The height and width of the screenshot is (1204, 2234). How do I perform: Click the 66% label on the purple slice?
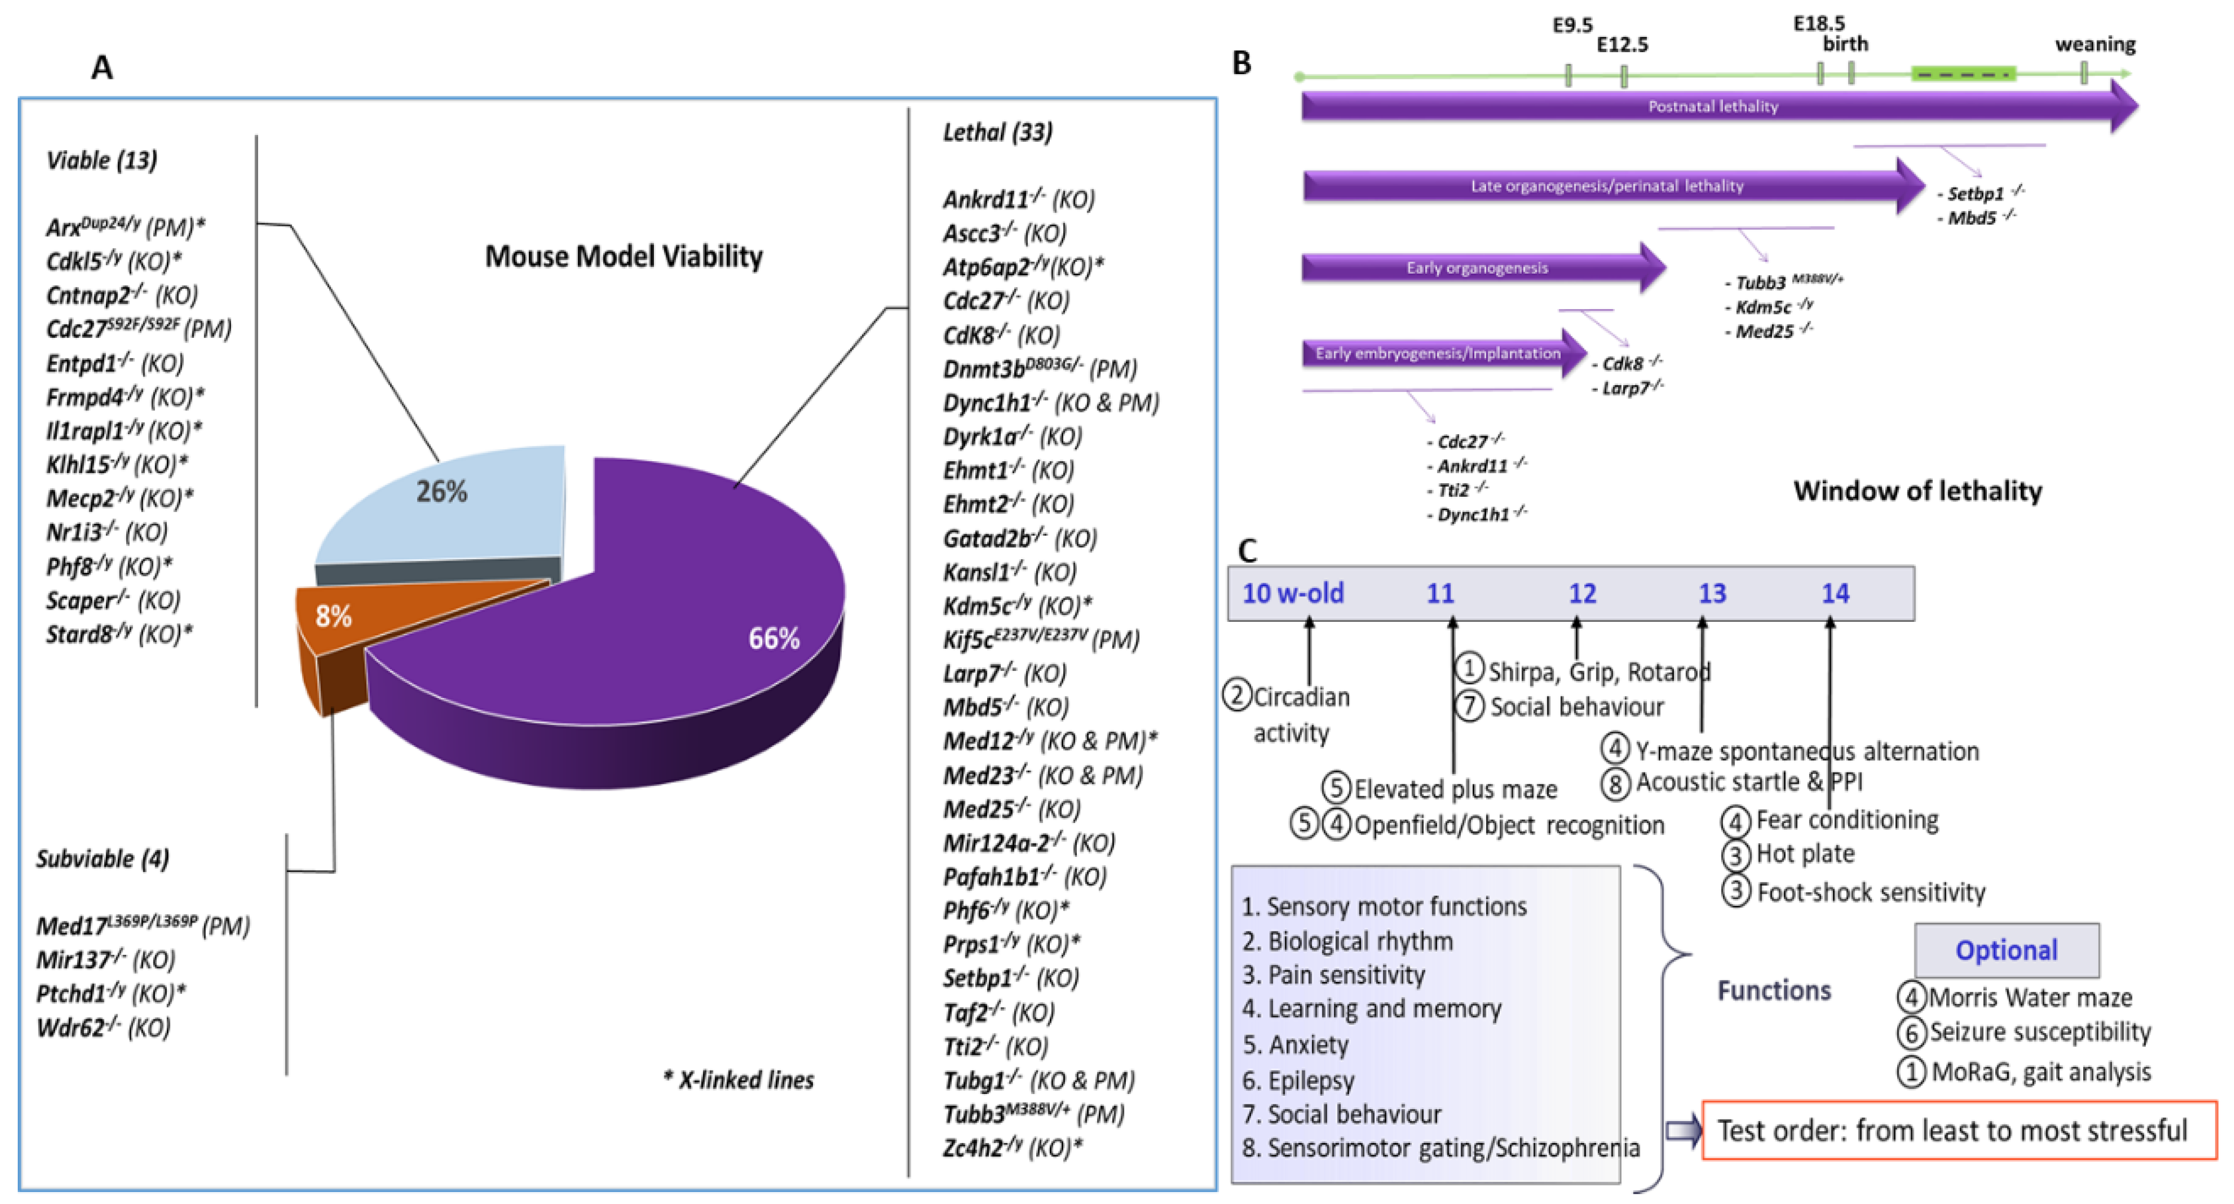click(x=773, y=639)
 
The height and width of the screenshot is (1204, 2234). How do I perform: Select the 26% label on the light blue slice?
click(x=441, y=492)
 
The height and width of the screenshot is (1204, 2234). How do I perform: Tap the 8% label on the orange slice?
click(x=333, y=616)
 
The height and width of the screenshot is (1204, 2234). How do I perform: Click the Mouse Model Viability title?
click(x=624, y=256)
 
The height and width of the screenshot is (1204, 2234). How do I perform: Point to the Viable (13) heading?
click(x=102, y=161)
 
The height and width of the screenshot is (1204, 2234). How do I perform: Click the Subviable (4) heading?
click(x=102, y=859)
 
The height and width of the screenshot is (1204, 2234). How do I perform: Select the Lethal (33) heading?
click(x=997, y=132)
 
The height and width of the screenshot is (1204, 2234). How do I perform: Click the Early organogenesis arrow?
click(x=1477, y=268)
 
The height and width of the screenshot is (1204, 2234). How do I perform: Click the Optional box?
click(x=2006, y=950)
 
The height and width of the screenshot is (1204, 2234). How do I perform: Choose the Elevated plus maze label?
click(x=1455, y=790)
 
